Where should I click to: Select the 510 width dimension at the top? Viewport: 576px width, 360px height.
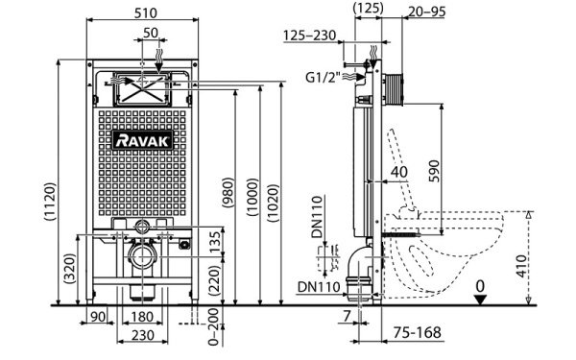(145, 12)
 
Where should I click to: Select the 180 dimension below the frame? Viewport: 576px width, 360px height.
(142, 317)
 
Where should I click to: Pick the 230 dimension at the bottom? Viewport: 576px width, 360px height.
(142, 335)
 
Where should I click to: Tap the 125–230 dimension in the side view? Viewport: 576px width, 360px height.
(311, 36)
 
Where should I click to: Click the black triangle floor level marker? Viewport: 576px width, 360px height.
(481, 299)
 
